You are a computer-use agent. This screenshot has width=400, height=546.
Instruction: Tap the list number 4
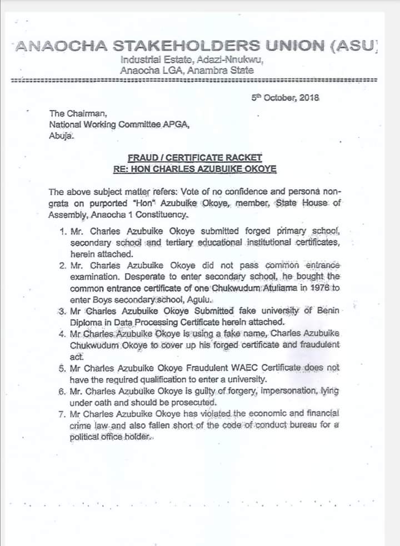point(62,333)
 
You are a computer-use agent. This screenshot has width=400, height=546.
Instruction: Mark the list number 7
point(62,414)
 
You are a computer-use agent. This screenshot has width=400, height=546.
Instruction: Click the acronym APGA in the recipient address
point(176,124)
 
